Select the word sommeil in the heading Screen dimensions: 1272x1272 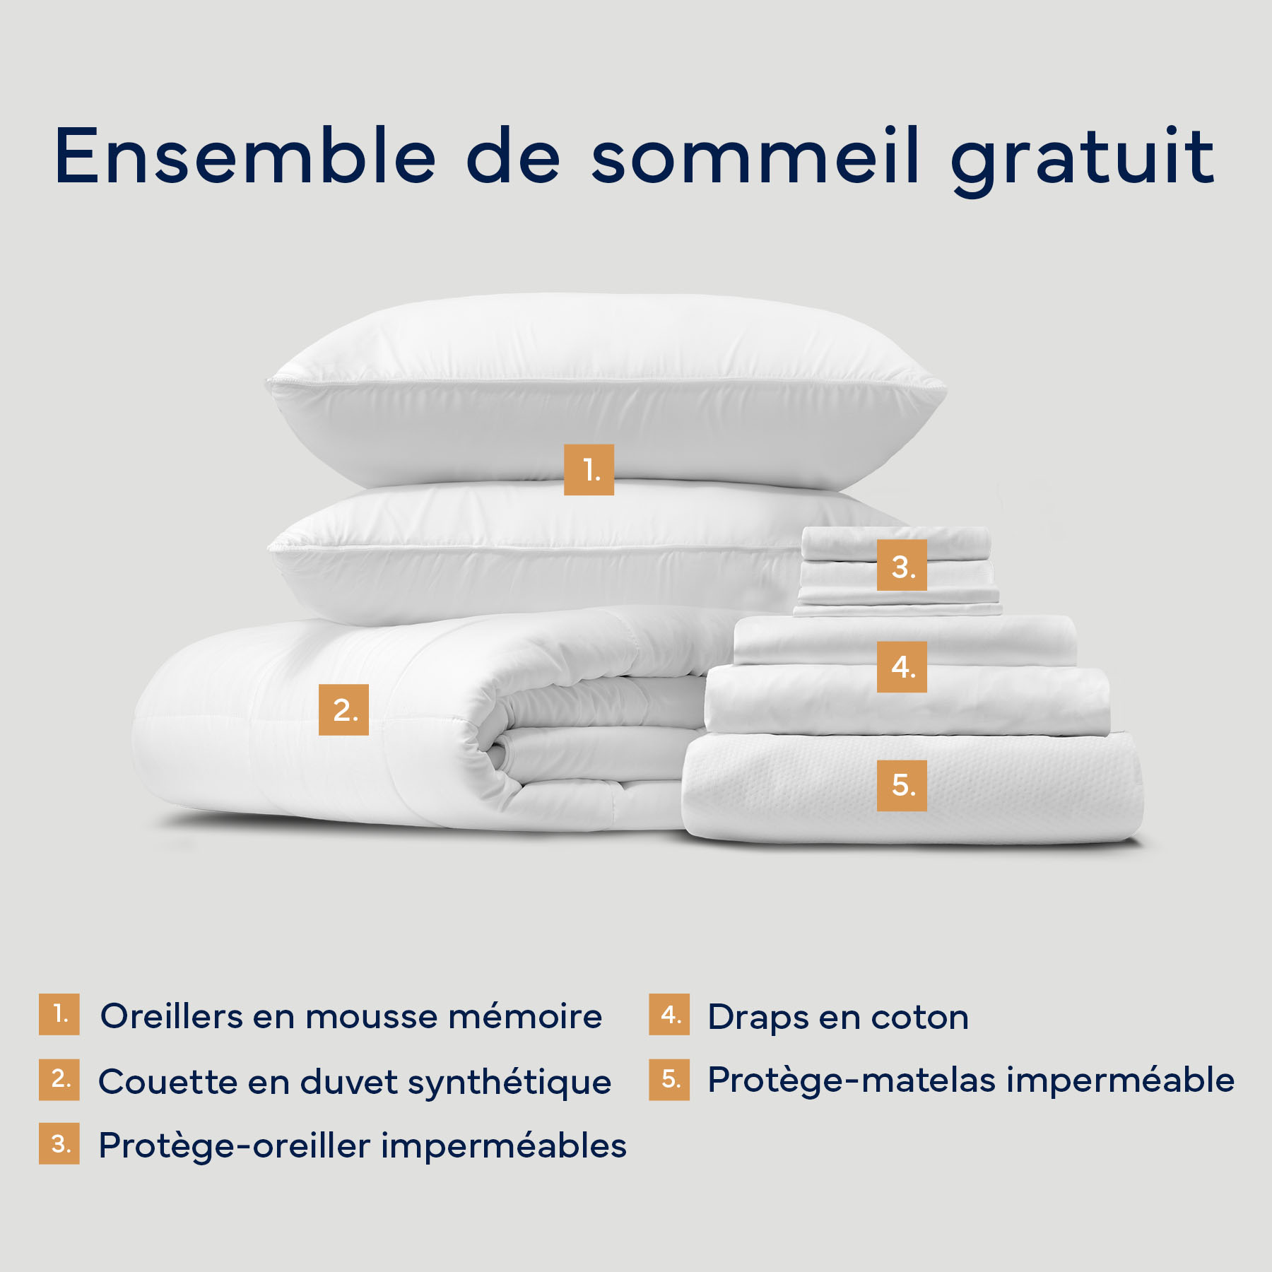pos(755,156)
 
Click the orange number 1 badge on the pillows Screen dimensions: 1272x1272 pos(589,470)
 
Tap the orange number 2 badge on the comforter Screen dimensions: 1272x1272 pos(343,709)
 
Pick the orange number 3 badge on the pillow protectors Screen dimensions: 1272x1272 pos(902,565)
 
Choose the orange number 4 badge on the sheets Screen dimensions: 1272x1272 pos(902,667)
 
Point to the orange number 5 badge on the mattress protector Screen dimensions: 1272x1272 pos(902,785)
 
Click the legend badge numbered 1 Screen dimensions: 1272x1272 pos(59,1015)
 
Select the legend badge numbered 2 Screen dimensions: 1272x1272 pos(59,1079)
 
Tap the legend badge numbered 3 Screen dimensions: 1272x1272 pos(59,1143)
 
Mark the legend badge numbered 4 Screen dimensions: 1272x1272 pos(669,1015)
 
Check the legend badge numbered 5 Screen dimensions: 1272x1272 pos(669,1079)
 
